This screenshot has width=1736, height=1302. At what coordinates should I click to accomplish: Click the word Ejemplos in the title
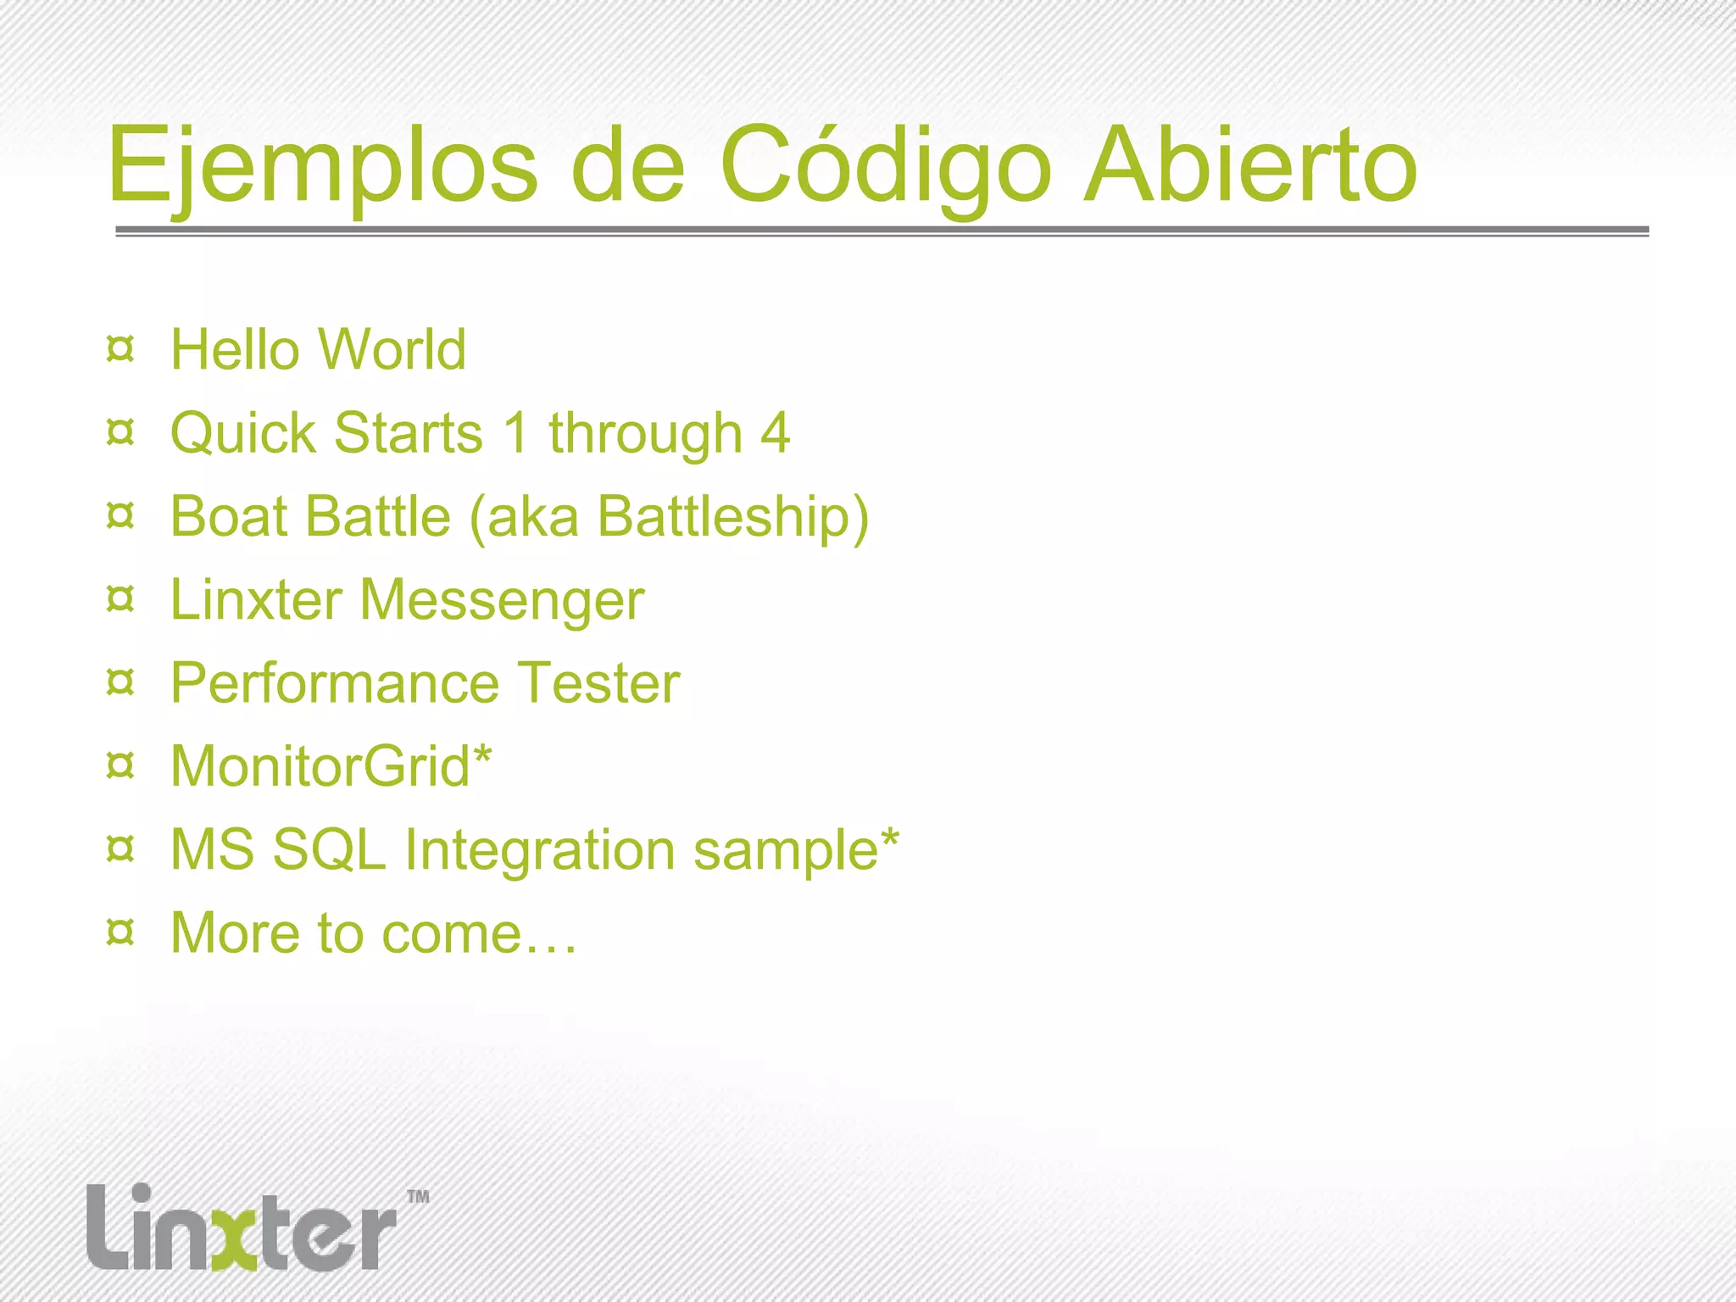(x=322, y=166)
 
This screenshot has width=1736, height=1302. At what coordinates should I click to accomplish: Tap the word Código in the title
(x=885, y=166)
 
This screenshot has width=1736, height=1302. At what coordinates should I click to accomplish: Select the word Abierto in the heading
(x=1249, y=166)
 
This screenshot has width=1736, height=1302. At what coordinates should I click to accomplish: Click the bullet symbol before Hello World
(x=121, y=349)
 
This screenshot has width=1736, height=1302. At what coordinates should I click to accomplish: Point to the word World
(x=392, y=349)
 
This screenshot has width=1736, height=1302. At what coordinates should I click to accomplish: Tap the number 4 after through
(x=775, y=433)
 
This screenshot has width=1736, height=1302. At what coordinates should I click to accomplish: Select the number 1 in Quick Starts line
(x=516, y=433)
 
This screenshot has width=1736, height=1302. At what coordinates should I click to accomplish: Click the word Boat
(x=225, y=516)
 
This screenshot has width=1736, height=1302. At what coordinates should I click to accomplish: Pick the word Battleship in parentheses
(x=726, y=516)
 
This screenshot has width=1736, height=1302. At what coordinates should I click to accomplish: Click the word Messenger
(x=502, y=600)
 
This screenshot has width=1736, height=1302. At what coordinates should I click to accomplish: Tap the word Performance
(x=334, y=683)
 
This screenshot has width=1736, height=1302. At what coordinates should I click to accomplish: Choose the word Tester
(x=598, y=683)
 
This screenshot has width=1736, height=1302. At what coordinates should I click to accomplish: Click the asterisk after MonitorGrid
(x=482, y=754)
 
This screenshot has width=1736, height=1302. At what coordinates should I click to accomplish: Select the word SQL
(x=329, y=850)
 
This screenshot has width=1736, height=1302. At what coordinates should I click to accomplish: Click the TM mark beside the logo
(x=418, y=1197)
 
